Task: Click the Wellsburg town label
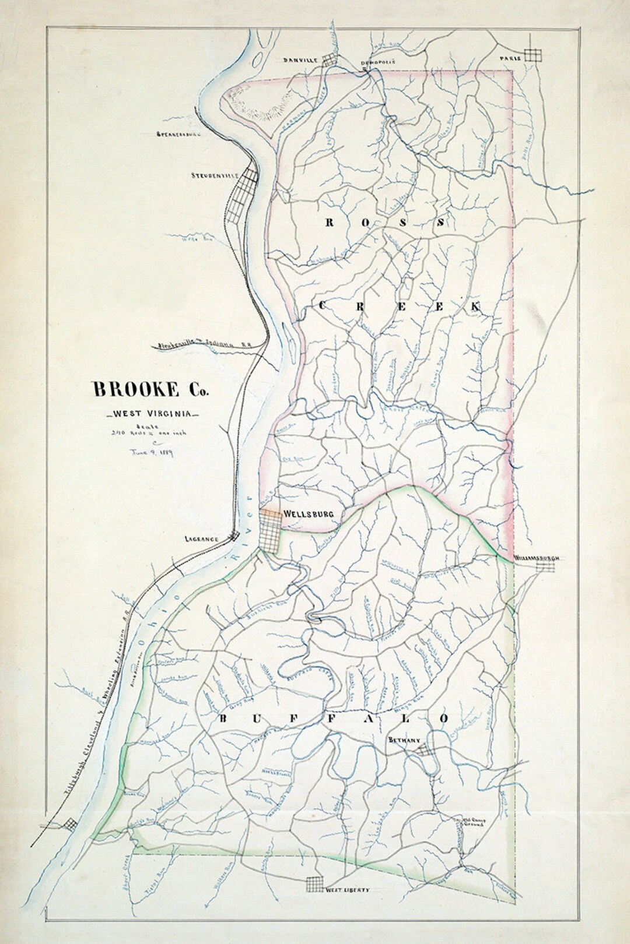307,514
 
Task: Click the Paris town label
509,59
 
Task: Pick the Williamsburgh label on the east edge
537,558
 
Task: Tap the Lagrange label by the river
200,539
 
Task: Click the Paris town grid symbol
533,55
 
